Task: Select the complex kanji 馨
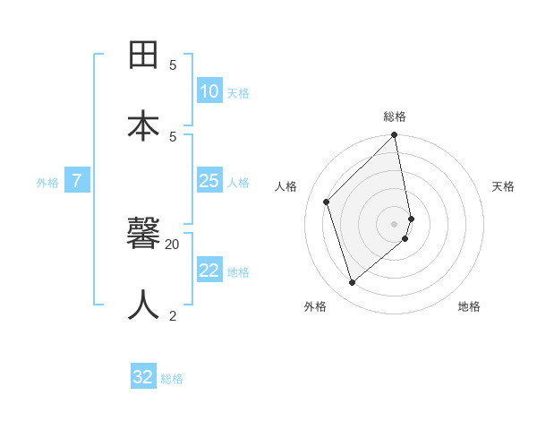click(x=144, y=234)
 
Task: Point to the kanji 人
click(x=144, y=305)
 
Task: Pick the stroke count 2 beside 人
click(x=173, y=315)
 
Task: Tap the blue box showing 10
click(x=209, y=91)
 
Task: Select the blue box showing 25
click(x=209, y=181)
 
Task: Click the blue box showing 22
click(x=209, y=271)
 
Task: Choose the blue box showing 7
click(x=77, y=181)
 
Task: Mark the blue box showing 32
click(x=143, y=377)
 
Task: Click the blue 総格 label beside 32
click(x=172, y=379)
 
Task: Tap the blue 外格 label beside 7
click(x=47, y=183)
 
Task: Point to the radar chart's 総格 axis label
click(x=395, y=116)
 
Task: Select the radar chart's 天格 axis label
click(x=503, y=186)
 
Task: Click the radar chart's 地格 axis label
click(x=469, y=306)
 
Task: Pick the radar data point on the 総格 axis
click(x=395, y=135)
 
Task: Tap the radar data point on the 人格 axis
click(x=327, y=202)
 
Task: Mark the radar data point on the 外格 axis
click(x=352, y=283)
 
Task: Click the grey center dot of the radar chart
click(x=395, y=223)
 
